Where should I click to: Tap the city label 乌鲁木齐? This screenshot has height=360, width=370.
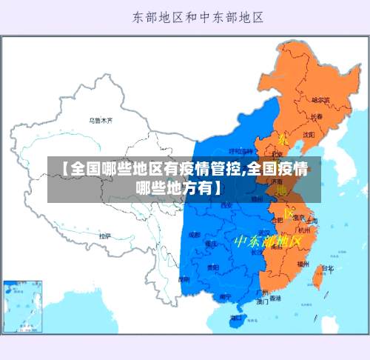coord(101,119)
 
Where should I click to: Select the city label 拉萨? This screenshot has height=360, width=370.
coord(105,236)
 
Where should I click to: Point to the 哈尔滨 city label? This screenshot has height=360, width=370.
coord(322,99)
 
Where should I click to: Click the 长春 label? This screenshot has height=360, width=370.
coord(317,116)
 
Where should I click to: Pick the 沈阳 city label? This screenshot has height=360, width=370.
coord(308,134)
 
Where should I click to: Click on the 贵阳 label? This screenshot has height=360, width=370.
coord(213,267)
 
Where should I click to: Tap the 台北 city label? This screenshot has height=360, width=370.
coord(326,268)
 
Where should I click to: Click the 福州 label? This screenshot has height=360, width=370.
coord(303,263)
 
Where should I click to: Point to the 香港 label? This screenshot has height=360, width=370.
coord(275,299)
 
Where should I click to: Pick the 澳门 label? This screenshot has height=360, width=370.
coord(262,301)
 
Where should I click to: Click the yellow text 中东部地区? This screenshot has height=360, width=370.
coord(268,241)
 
